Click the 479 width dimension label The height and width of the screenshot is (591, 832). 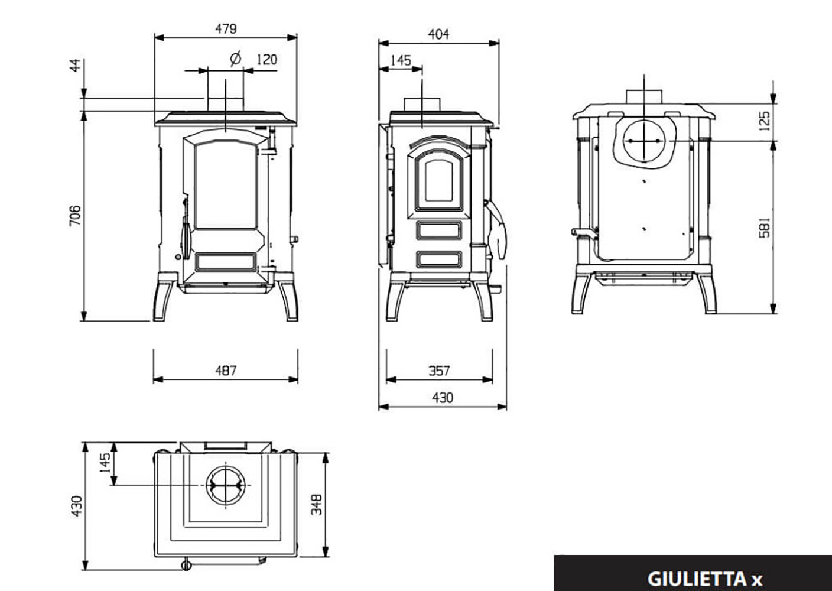pos(226,28)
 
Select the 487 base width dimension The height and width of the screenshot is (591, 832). pos(226,371)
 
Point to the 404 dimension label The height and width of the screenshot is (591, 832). pos(438,34)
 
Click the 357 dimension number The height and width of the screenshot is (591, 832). pos(439,371)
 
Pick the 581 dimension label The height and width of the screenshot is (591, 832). pos(765,228)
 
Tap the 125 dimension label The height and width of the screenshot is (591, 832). pos(765,121)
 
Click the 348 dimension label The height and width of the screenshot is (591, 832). pos(317,504)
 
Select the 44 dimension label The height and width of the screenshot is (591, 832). pos(75,66)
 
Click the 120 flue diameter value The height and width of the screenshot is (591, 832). pos(266,60)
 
